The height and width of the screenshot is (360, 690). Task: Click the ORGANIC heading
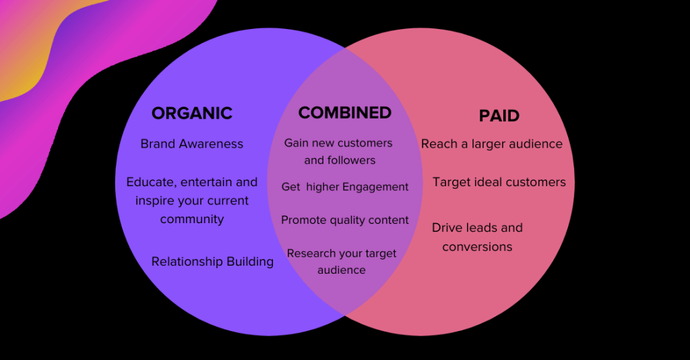pyautogui.click(x=192, y=113)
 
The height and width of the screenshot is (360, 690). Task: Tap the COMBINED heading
pyautogui.click(x=344, y=113)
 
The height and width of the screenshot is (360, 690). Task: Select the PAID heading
pyautogui.click(x=499, y=116)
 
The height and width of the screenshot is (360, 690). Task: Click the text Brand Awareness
pyautogui.click(x=192, y=144)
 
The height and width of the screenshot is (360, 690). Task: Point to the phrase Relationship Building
pyautogui.click(x=212, y=262)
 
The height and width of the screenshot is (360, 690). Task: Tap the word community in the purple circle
pyautogui.click(x=192, y=219)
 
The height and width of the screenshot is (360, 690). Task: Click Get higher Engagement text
pyautogui.click(x=345, y=187)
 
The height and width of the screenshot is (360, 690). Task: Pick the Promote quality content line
pyautogui.click(x=345, y=220)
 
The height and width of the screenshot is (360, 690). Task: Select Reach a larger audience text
pyautogui.click(x=492, y=144)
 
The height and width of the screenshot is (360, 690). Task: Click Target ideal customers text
pyautogui.click(x=499, y=182)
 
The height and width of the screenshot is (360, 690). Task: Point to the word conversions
pyautogui.click(x=477, y=247)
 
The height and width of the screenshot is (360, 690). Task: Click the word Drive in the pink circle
pyautogui.click(x=447, y=228)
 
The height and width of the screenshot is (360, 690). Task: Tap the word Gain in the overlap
pyautogui.click(x=296, y=143)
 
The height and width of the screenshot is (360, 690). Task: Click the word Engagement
pyautogui.click(x=375, y=187)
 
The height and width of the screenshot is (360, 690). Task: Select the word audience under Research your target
pyautogui.click(x=342, y=270)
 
